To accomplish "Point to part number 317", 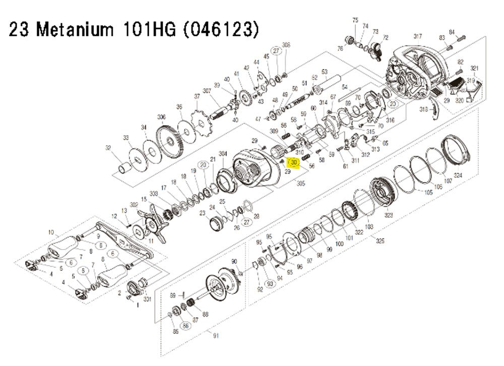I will (x=417, y=36).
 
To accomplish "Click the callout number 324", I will (x=458, y=175).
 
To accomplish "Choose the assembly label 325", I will (x=380, y=241).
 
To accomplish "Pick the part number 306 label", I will (x=161, y=117).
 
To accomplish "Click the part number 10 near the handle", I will (x=50, y=232).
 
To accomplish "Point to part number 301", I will (x=148, y=298).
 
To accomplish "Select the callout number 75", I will (x=355, y=20).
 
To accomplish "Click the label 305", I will (x=302, y=184).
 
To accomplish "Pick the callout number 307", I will (x=207, y=91).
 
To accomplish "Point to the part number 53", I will (x=325, y=72).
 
